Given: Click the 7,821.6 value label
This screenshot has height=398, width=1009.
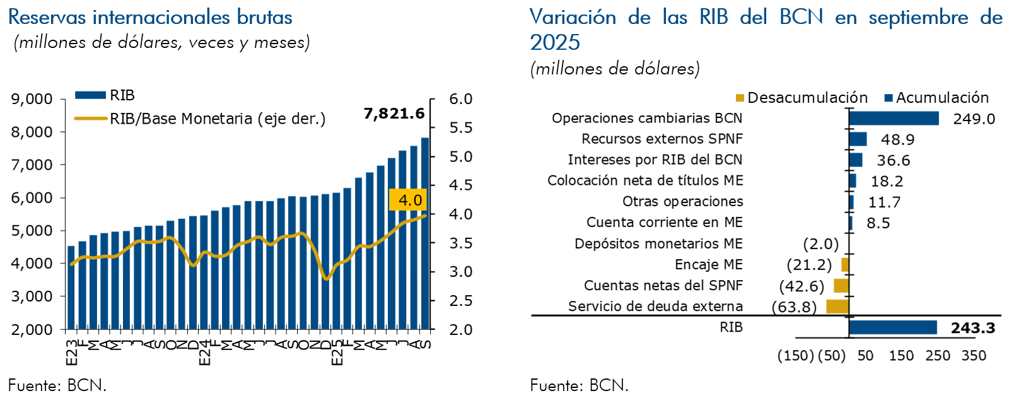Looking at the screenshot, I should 394,114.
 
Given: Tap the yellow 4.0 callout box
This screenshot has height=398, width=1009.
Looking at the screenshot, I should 409,200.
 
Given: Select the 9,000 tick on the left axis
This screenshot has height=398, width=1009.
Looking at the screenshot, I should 32,99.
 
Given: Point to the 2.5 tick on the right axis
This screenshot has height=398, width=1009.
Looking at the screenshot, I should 460,300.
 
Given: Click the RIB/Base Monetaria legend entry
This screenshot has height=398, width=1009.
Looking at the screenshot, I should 217,119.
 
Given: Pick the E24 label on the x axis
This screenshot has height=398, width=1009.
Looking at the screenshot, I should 204,353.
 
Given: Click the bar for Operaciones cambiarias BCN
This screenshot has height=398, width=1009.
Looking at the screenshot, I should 894,119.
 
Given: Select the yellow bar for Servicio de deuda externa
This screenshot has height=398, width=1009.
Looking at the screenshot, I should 837,307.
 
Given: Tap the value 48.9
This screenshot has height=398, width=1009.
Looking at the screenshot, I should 897,139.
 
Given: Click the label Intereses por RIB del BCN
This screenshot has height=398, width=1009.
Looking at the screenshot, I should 655,160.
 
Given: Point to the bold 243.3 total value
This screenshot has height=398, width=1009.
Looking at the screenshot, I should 972,328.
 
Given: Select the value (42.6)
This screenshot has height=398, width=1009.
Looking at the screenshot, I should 802,286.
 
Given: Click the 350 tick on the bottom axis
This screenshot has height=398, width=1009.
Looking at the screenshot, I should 974,356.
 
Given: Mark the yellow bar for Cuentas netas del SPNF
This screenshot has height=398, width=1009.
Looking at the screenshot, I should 841,286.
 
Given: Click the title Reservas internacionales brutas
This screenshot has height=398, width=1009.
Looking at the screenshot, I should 150,17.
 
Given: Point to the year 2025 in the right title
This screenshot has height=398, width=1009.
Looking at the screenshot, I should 555,42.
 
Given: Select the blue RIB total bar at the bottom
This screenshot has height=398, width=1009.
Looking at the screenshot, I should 893,327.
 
